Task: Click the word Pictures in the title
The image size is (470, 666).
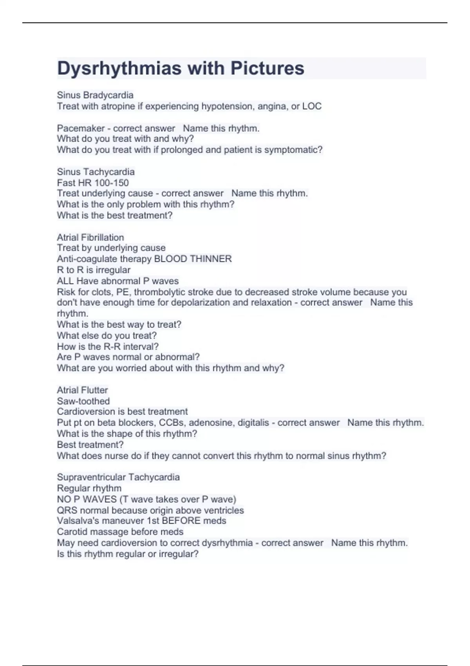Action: pos(267,69)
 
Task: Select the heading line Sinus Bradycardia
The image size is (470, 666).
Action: pos(95,95)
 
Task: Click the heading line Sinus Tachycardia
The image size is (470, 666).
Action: pos(96,172)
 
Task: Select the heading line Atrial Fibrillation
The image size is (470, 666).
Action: pos(90,237)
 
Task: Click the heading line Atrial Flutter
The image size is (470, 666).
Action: pos(82,390)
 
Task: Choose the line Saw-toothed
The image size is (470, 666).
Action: pos(83,401)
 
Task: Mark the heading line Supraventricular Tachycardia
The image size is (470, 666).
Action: pos(118,477)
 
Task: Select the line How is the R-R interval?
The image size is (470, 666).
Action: pos(108,346)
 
